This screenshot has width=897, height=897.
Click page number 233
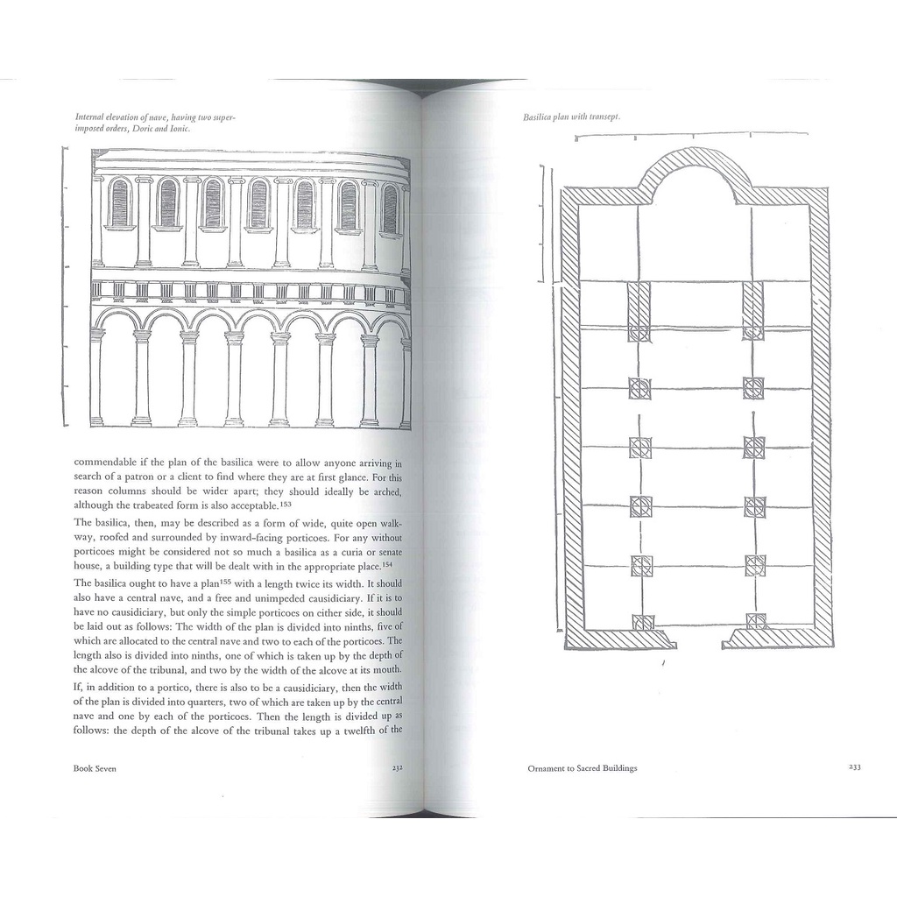(x=855, y=767)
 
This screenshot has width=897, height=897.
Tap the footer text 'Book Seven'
(x=95, y=768)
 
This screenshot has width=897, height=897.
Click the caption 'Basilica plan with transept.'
(x=572, y=117)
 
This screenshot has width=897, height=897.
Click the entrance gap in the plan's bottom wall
(x=697, y=636)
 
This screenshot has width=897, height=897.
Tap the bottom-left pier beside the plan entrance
(x=643, y=623)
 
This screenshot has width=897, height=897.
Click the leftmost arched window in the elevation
(x=120, y=202)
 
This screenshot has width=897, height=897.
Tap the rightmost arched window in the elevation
(x=390, y=208)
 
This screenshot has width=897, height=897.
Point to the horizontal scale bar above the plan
(x=692, y=138)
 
